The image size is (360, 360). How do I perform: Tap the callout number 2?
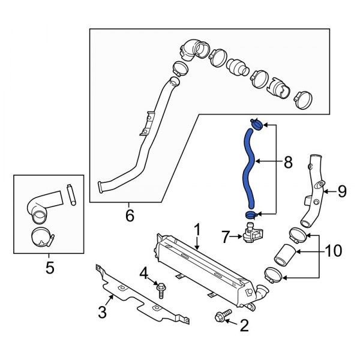point(244,326)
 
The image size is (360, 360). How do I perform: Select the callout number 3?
point(103,311)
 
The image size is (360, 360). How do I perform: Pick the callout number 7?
point(226,238)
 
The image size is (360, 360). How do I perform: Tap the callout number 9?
point(341,191)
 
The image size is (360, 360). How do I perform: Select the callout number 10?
point(332,248)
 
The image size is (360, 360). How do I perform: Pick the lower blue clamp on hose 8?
point(251,214)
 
